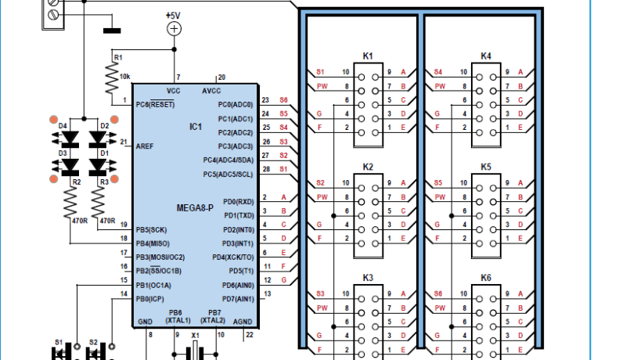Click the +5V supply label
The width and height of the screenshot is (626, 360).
pos(173,15)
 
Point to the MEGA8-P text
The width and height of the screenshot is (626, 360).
pos(192,207)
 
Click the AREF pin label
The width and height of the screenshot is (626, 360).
pos(145,146)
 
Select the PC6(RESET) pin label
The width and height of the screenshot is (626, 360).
pos(154,104)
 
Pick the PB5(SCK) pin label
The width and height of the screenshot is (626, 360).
pos(150,229)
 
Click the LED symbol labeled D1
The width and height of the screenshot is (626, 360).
pos(98,167)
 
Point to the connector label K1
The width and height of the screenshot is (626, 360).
pos(368,56)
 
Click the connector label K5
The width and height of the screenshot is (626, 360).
pos(486,167)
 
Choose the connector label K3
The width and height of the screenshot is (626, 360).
pos(368,278)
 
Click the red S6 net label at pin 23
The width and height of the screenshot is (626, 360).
pos(283,100)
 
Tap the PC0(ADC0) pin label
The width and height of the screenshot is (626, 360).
pos(236,104)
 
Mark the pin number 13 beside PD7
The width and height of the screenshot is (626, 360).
pos(267,293)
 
